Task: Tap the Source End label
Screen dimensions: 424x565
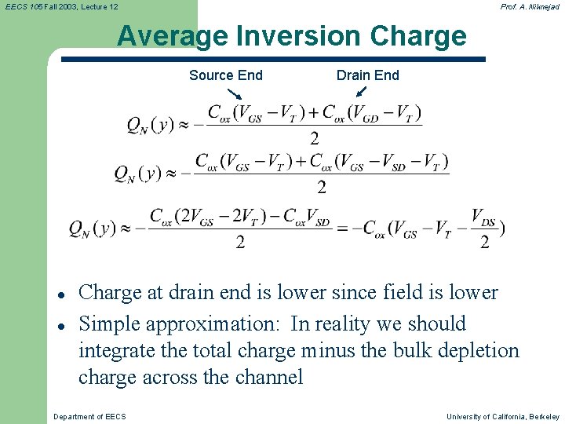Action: click(x=226, y=75)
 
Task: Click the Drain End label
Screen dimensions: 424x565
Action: click(x=367, y=75)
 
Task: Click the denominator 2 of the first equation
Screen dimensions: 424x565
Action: click(x=314, y=139)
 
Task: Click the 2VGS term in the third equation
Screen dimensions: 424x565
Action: click(x=193, y=217)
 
